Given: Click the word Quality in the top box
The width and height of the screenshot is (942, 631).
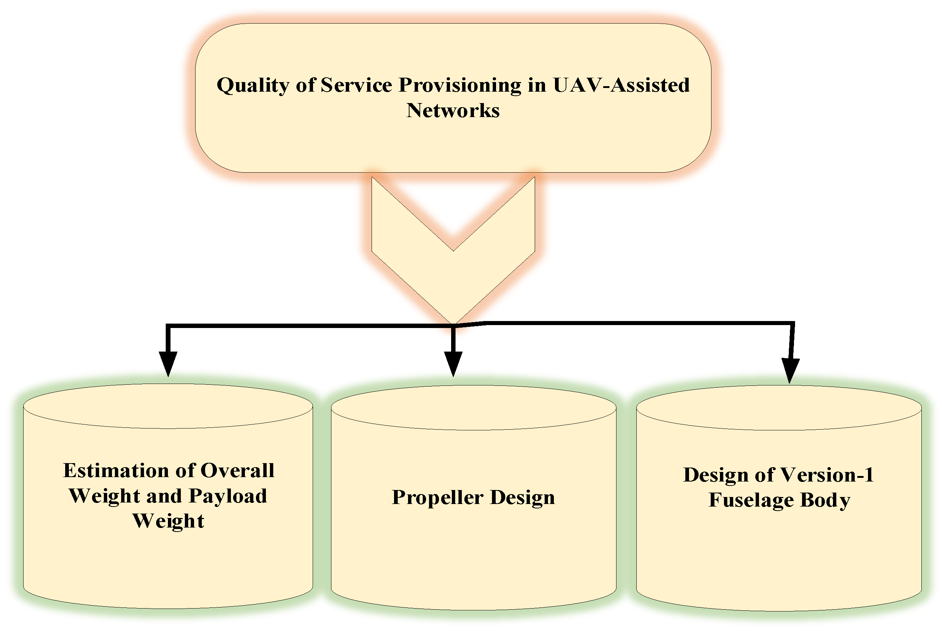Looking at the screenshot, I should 253,86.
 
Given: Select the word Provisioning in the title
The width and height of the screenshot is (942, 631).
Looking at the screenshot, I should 460,86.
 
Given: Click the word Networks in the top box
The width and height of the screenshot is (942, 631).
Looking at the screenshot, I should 453,110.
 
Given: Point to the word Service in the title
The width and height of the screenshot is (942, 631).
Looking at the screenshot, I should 356,85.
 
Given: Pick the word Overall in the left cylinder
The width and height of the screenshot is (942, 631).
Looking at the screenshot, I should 237,470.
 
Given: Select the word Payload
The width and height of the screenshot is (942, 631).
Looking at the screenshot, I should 228,496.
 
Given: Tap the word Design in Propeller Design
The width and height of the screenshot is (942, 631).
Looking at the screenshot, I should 522,498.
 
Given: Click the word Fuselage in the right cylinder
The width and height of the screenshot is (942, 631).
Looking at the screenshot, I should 751,500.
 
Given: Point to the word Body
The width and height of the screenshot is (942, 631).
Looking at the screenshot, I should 825,500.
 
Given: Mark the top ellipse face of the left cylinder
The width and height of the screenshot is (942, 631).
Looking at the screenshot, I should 168,406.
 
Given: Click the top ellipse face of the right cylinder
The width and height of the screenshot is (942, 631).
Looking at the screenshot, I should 779,408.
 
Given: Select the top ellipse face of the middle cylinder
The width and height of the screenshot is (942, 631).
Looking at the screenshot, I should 474,408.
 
